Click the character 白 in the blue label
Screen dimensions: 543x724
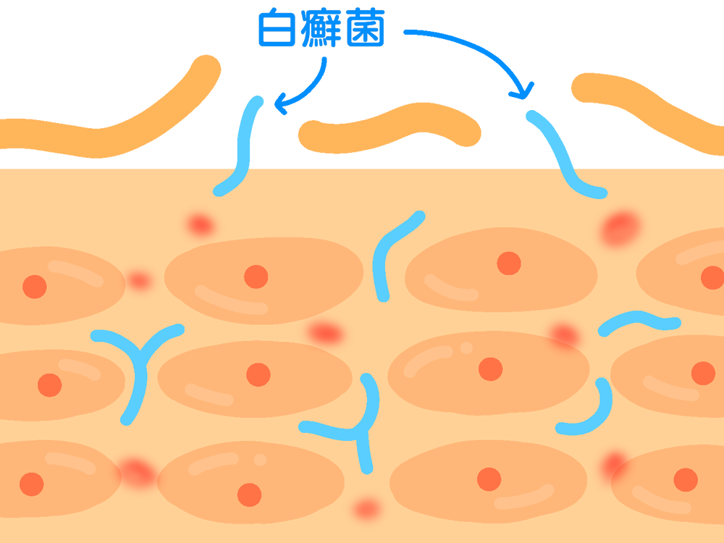click(x=277, y=30)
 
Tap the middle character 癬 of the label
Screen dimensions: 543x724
click(x=321, y=30)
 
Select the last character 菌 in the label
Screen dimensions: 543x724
click(x=365, y=30)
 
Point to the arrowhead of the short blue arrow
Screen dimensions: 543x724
click(x=279, y=109)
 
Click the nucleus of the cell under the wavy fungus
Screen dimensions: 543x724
click(x=702, y=373)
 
